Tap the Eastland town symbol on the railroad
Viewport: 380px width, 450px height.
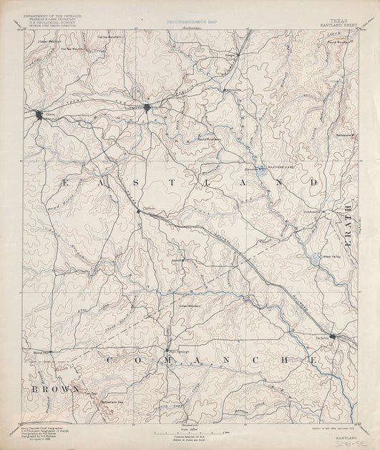click(x=147, y=108)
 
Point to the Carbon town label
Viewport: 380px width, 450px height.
click(x=149, y=208)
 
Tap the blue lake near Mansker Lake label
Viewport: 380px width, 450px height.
click(x=259, y=171)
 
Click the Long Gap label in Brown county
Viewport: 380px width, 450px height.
click(x=91, y=394)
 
